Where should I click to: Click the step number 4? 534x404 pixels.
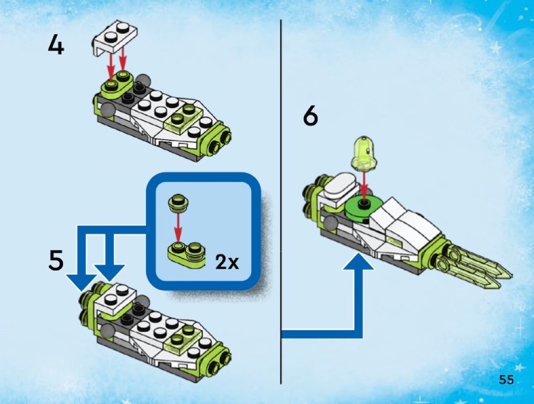[x=56, y=45]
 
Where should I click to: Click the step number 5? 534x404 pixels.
[x=56, y=260]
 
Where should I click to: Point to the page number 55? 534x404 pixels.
[x=506, y=380]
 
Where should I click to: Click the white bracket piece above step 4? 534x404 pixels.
[x=114, y=38]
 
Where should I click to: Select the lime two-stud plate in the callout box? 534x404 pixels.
[x=186, y=253]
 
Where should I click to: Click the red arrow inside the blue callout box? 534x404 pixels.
[x=177, y=226]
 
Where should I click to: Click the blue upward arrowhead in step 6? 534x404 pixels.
[x=358, y=262]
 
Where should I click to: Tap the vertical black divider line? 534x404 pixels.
[x=281, y=202]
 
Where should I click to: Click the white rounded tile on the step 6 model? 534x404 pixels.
[x=341, y=184]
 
